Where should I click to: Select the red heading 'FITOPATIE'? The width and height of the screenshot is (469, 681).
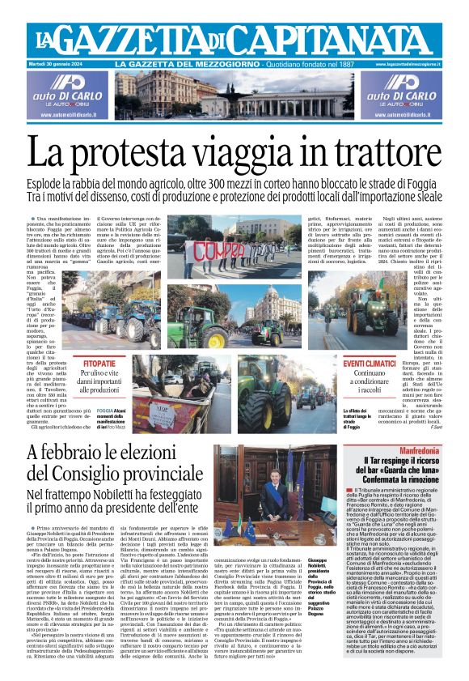pos(99,365)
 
